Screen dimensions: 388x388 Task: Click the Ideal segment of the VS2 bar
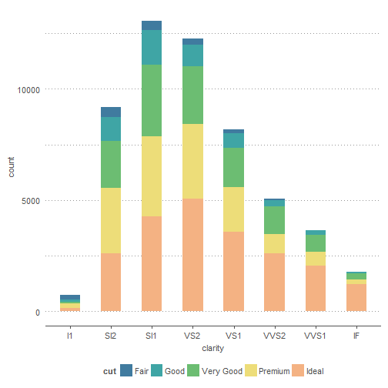tap(192, 255)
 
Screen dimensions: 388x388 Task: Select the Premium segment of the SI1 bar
tap(152, 176)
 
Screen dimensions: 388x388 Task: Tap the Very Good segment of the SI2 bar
tap(111, 164)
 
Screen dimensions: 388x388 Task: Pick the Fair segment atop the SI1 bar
tap(152, 25)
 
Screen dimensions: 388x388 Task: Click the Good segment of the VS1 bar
tap(233, 141)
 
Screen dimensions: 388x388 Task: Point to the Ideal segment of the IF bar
tap(356, 298)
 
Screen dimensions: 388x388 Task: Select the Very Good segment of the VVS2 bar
tap(274, 220)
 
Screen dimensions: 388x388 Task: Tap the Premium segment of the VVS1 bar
tap(316, 259)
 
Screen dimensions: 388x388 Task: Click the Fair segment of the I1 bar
tap(70, 297)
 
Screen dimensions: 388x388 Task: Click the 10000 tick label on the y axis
tap(28, 90)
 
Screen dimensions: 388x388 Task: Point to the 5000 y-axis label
tap(31, 201)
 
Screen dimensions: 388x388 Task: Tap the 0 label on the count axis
tap(38, 313)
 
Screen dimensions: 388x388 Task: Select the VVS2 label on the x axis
tap(274, 336)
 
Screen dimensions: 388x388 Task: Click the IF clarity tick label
tap(356, 336)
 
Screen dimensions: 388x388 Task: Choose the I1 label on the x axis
tap(69, 336)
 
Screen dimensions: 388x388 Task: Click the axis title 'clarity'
tap(213, 349)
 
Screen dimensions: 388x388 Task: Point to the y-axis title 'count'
tap(11, 167)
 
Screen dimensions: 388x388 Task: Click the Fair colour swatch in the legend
tap(126, 370)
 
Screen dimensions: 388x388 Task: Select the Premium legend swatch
tap(251, 370)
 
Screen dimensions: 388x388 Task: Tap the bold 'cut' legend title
tap(109, 371)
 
